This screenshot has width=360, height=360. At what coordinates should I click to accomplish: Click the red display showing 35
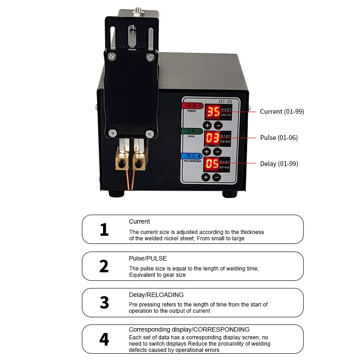coord(214,112)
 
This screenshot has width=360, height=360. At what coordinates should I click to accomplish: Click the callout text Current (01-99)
coord(282,112)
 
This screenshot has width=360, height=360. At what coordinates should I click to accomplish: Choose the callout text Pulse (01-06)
coord(279,138)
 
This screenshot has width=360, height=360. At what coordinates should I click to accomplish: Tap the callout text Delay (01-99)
coord(279,164)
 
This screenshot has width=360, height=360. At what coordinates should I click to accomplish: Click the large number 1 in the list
coord(104,229)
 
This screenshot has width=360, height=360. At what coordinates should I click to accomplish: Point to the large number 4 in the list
coord(104,339)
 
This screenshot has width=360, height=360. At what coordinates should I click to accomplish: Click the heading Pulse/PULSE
coord(148,258)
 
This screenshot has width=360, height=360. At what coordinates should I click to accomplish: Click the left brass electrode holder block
coord(122,160)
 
